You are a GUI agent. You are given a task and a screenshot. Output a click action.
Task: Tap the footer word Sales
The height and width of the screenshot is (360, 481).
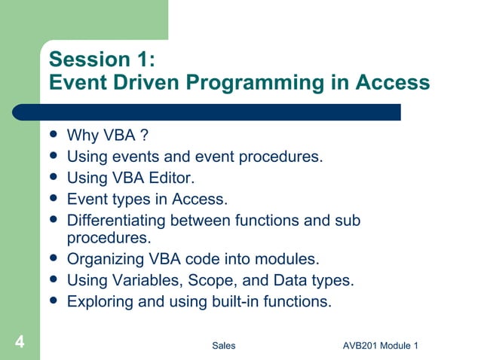[223, 346]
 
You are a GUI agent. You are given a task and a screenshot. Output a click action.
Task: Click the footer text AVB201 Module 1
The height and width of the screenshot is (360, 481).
[380, 346]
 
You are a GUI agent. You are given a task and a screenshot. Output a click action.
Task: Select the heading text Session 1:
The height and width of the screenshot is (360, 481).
[103, 59]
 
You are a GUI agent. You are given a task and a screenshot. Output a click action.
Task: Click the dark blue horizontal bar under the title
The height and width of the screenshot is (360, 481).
[219, 112]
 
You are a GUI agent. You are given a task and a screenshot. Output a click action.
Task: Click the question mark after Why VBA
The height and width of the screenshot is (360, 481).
[133, 136]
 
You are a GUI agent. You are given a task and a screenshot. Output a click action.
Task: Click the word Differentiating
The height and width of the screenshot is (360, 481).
[117, 221]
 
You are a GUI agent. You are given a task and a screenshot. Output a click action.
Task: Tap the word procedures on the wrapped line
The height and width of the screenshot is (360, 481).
[106, 239]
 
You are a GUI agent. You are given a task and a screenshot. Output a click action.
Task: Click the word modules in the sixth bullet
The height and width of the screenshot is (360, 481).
[290, 260]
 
